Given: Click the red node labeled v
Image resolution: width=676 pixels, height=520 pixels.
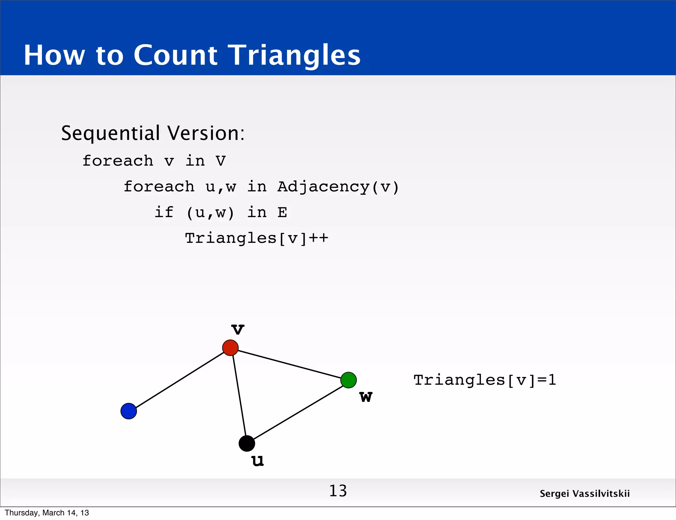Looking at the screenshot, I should (230, 348).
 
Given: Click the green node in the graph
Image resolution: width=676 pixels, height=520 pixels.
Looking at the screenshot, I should (349, 380).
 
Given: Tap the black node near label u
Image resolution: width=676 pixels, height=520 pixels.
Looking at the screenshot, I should (247, 443).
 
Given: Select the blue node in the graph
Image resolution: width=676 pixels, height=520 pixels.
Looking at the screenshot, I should (129, 411).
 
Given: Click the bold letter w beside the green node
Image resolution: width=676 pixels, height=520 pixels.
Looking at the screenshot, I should (366, 397).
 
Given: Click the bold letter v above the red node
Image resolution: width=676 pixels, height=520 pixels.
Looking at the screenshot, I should (238, 329).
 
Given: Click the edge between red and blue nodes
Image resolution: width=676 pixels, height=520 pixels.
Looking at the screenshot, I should (180, 379).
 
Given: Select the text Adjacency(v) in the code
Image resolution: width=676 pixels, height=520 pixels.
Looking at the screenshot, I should (338, 187).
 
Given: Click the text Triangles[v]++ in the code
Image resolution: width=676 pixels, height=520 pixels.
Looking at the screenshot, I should (256, 238).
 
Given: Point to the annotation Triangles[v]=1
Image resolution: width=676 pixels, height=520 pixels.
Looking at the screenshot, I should (485, 380).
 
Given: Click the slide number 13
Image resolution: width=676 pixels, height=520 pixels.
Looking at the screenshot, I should (338, 491).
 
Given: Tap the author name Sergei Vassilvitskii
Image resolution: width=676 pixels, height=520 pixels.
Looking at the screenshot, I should (585, 494).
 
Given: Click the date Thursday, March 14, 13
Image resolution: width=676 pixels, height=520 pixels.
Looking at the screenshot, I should (47, 513).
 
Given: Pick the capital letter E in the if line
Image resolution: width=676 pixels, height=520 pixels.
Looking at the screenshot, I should (282, 212).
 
